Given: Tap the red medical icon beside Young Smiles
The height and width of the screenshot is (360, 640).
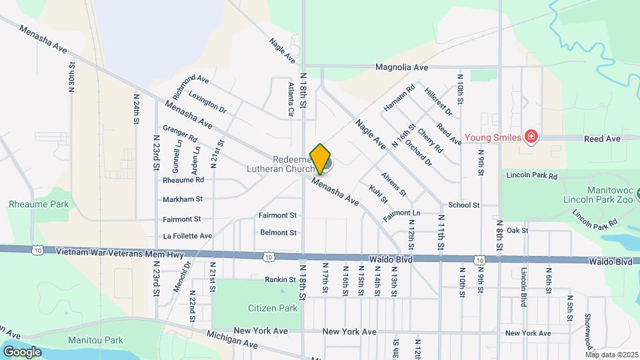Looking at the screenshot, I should coord(531,137).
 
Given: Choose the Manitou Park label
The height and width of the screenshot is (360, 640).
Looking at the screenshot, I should coord(95,340).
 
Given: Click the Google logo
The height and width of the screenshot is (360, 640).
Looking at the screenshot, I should coord(22,351).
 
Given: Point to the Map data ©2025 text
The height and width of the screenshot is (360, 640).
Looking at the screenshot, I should coord(612,355).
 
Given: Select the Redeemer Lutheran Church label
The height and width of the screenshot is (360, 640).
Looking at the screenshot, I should coord(292,164).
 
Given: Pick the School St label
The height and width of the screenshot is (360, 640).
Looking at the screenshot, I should coord(464,205).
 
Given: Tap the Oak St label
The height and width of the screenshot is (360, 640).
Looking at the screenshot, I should coord(517,230).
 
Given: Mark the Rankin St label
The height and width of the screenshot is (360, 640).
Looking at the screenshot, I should coord(280,279).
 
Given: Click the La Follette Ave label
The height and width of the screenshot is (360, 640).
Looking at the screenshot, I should coord(187,236).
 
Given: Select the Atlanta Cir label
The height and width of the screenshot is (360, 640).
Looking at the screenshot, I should coord(291,99).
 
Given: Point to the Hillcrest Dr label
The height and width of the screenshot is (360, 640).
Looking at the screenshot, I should coord(439,101).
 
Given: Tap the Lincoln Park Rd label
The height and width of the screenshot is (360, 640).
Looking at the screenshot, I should coord(531,175).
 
